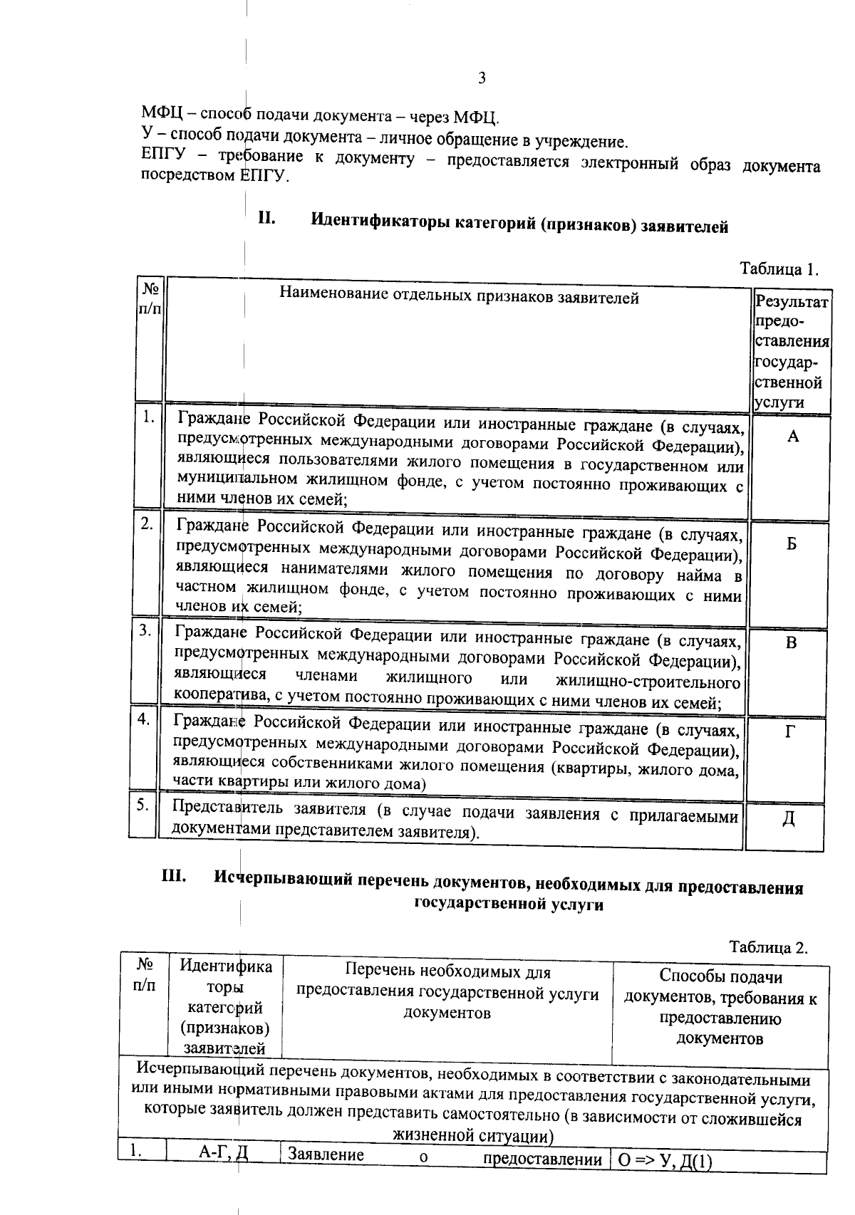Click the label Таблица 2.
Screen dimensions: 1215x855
(x=769, y=947)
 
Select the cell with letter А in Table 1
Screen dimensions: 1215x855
(x=792, y=437)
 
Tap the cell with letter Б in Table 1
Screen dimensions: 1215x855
(x=791, y=543)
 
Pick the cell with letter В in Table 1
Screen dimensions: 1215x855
(x=791, y=642)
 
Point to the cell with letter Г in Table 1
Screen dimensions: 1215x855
(x=790, y=731)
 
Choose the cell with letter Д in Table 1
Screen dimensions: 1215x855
(x=789, y=819)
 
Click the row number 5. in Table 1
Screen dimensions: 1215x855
(x=143, y=805)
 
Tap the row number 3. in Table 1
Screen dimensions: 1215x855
(x=145, y=630)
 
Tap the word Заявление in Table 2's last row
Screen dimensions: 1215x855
(x=326, y=1155)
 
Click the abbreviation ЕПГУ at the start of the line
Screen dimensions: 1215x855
(x=162, y=155)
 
